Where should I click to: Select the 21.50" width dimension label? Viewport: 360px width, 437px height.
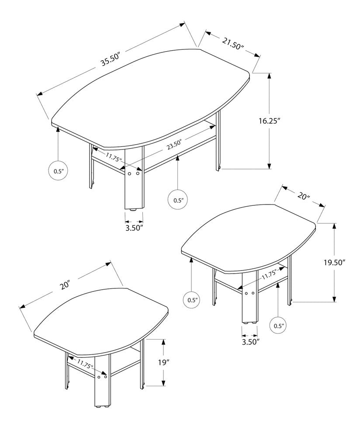tap(232, 43)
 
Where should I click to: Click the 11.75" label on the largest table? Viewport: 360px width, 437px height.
tap(113, 156)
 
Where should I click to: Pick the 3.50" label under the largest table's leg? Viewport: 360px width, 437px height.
tap(134, 228)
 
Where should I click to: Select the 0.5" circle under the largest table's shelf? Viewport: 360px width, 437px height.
tap(178, 200)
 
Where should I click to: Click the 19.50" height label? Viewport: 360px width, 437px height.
tap(334, 262)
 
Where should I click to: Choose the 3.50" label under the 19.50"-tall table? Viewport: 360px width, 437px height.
tap(250, 341)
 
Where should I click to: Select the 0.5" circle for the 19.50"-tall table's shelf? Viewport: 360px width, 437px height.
tap(279, 326)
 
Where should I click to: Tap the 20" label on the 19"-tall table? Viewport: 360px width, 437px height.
tap(65, 285)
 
